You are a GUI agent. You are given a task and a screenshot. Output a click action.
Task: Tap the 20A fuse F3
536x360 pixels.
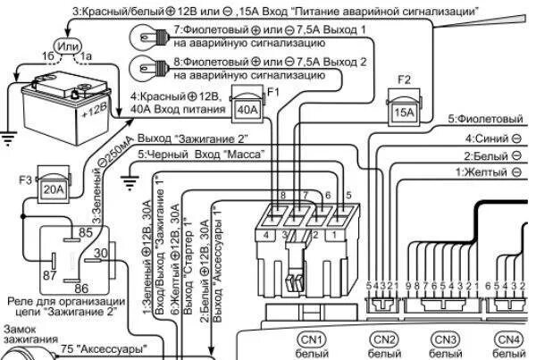pos(54,190)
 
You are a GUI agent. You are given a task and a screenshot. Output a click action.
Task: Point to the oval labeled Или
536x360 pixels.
pos(67,45)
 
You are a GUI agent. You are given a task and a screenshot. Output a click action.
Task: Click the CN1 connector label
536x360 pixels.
pos(312,339)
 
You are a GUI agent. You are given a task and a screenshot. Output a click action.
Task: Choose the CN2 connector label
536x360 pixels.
pos(384,339)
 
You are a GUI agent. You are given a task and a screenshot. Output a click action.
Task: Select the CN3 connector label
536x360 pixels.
pos(445,339)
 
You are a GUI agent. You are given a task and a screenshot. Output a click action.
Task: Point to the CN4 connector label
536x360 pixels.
pos(507,339)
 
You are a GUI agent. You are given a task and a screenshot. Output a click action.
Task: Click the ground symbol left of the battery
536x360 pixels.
pos(11,136)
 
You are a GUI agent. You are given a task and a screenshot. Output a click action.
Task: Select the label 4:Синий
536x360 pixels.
pos(493,139)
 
